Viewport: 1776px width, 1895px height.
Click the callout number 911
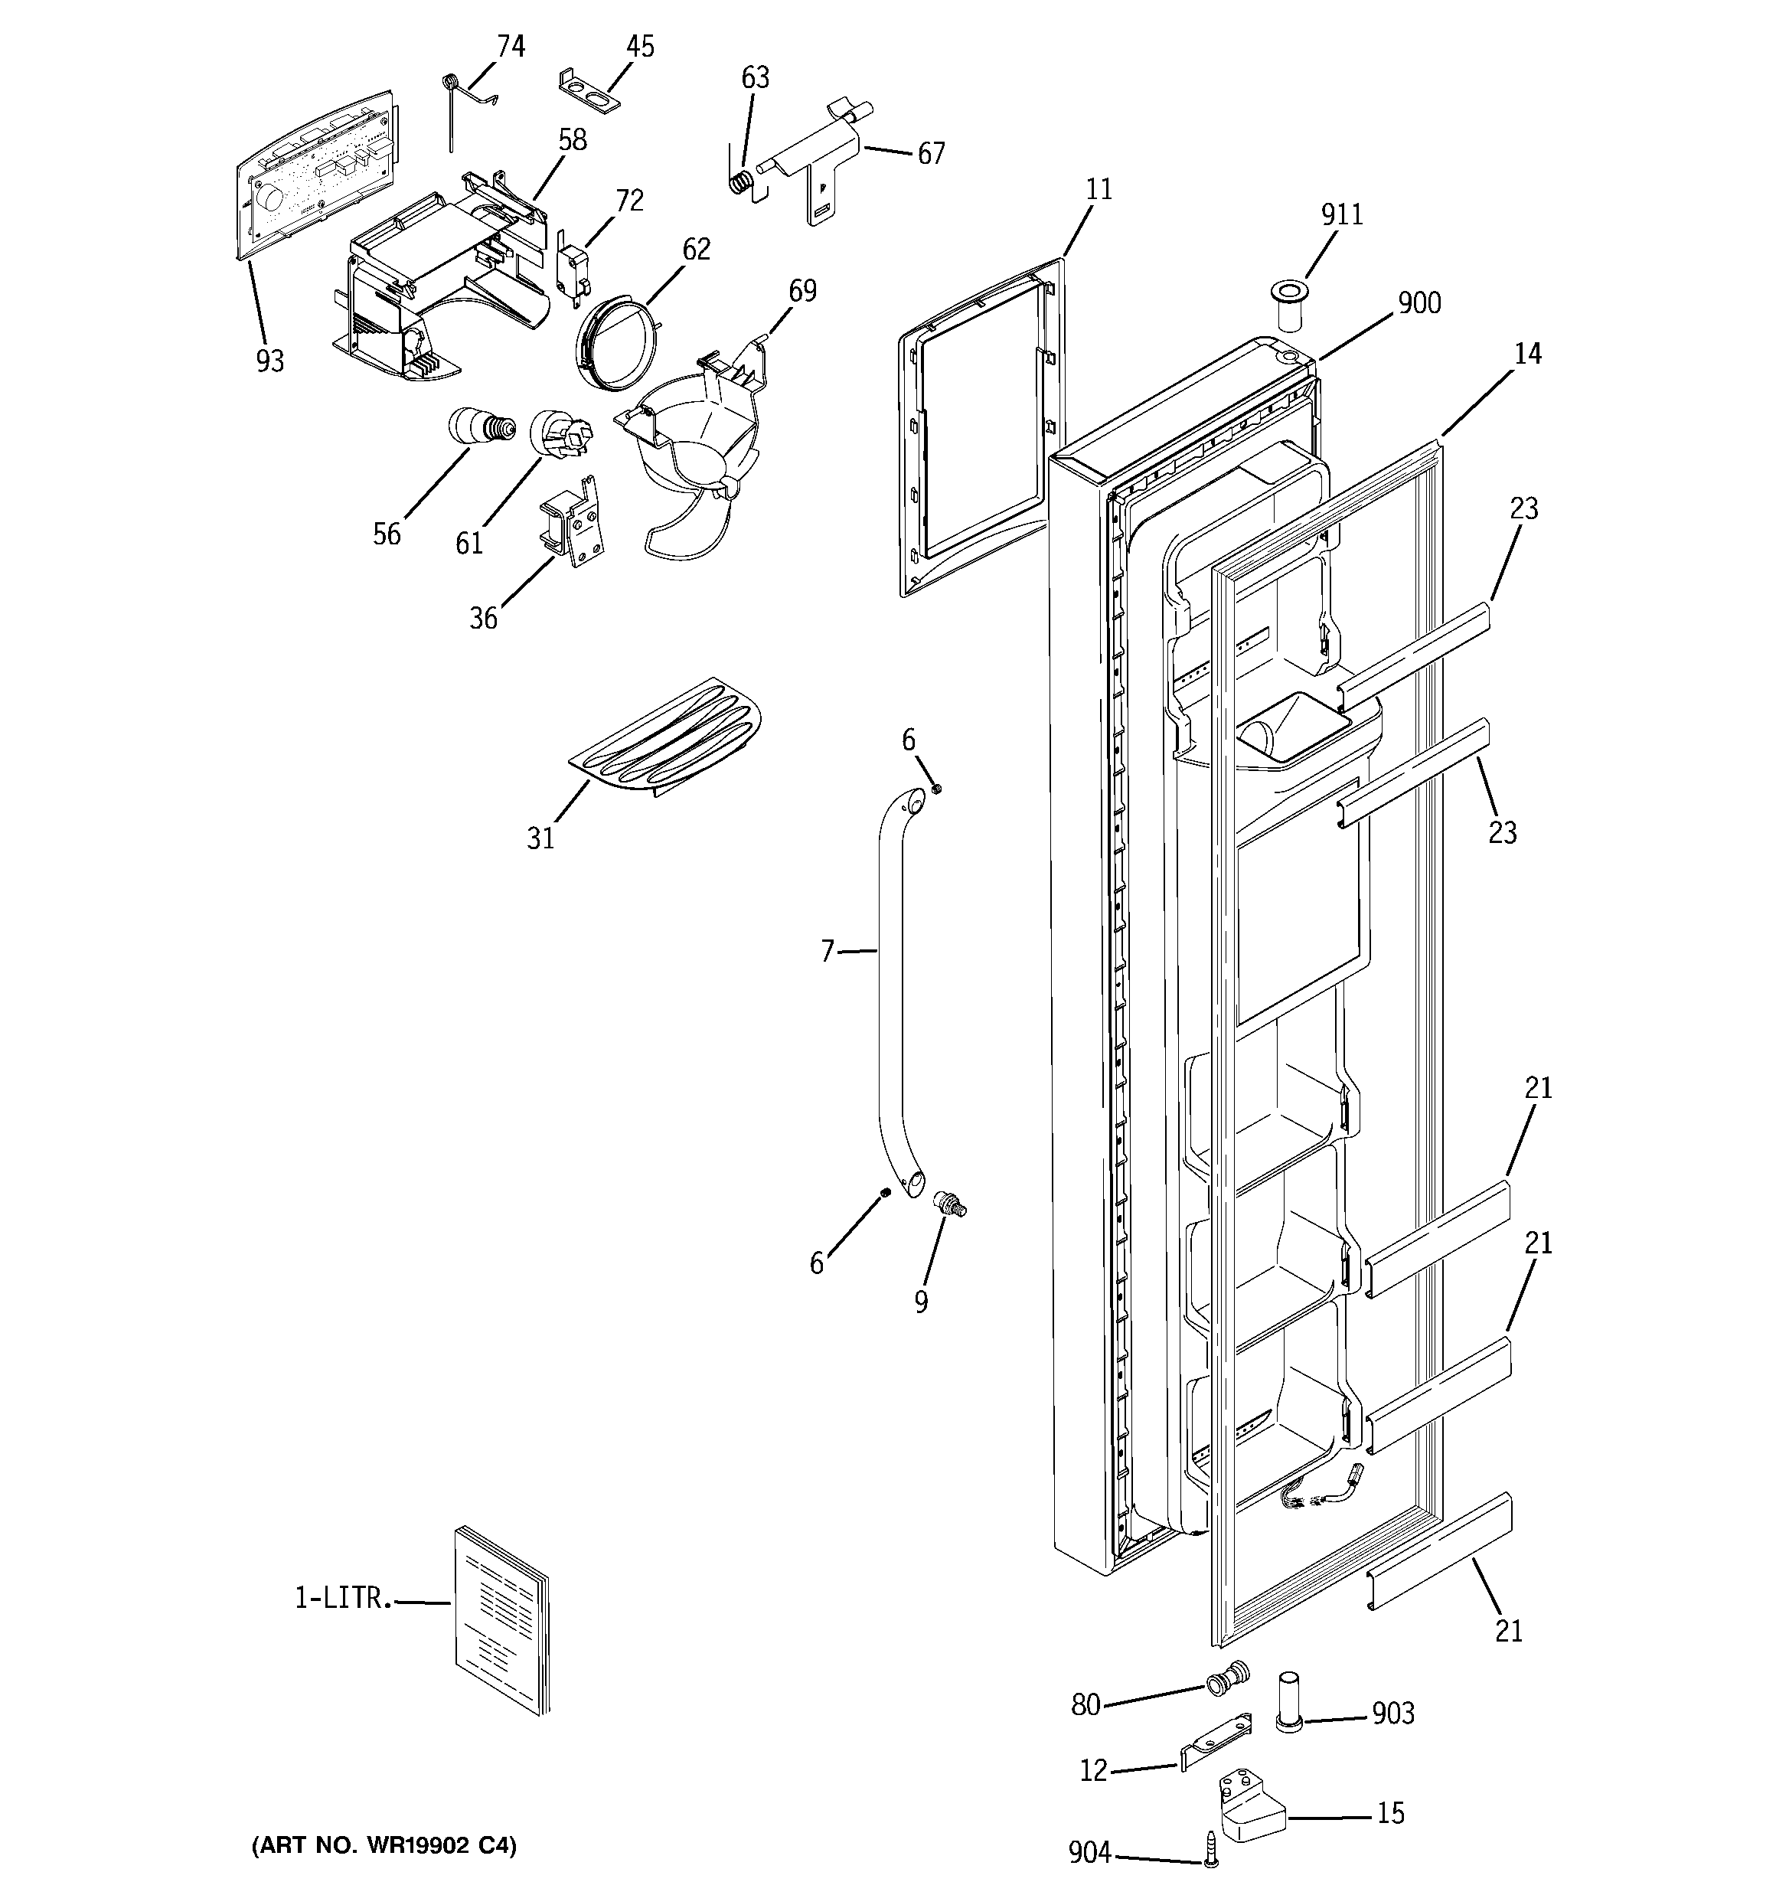click(1341, 214)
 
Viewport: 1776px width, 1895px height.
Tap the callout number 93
click(269, 361)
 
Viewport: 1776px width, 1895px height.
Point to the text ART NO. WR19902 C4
click(384, 1845)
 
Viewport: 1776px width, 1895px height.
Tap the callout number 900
click(1419, 303)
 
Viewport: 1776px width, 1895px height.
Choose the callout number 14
click(1526, 354)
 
